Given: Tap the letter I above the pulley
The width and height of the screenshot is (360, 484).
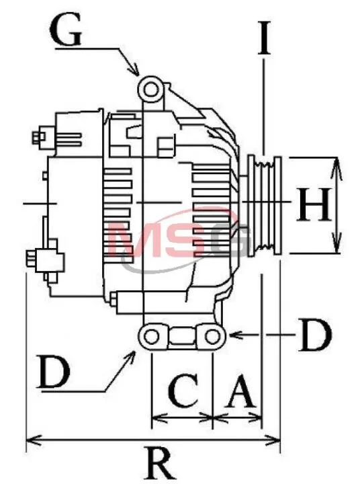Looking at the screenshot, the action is (264, 38).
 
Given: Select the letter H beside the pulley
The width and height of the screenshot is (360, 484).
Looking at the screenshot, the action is (314, 205).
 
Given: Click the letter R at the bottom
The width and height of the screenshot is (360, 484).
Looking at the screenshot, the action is (161, 462).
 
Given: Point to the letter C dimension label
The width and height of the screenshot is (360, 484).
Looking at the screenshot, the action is (183, 389).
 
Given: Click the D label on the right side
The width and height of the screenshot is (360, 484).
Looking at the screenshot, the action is (314, 335).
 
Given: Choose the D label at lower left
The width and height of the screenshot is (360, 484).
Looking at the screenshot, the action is (53, 370).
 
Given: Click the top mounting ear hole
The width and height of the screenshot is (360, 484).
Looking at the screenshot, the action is (151, 90).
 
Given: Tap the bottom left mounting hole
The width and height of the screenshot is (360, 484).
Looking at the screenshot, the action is (152, 336).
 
